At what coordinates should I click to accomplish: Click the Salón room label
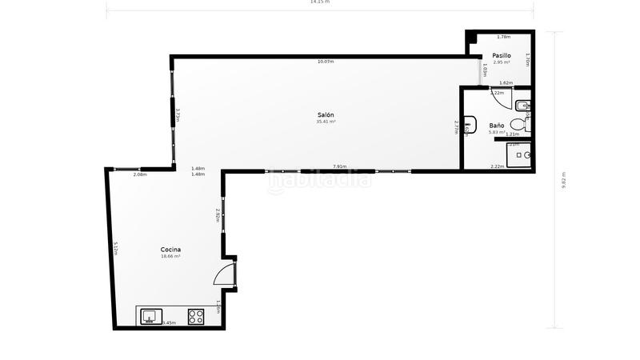326,115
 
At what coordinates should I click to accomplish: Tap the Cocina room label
170,250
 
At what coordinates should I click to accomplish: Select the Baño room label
497,126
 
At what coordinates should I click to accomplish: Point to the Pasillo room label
502,55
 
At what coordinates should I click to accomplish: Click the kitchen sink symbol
151,316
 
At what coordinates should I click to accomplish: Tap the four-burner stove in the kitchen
196,316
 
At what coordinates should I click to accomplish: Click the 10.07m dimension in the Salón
326,62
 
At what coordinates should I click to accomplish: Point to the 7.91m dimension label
340,166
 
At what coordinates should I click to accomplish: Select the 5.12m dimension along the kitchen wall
116,249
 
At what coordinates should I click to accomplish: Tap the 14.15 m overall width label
320,2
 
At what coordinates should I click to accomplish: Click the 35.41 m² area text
326,122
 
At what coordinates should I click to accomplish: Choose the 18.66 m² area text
170,256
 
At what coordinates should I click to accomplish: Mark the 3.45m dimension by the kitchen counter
169,323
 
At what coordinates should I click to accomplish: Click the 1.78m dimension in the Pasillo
503,37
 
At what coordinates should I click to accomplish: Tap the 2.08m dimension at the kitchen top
140,174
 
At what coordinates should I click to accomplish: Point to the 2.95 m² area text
502,62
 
